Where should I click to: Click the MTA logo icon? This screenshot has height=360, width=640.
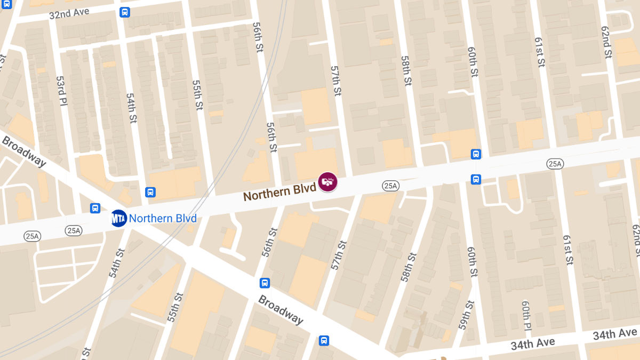click(x=119, y=218)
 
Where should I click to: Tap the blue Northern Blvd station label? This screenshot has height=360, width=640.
click(x=163, y=218)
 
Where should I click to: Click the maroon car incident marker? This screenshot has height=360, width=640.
click(x=327, y=182)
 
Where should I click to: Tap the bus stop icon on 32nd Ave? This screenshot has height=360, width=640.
click(x=125, y=12)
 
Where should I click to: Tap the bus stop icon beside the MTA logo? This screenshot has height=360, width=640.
click(x=95, y=209)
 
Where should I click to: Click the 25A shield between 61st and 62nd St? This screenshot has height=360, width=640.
click(x=555, y=164)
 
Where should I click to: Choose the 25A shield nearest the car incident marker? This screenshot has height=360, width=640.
click(x=390, y=186)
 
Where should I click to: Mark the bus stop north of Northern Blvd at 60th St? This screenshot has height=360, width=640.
click(x=476, y=154)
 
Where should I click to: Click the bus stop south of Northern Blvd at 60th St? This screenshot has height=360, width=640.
click(x=476, y=179)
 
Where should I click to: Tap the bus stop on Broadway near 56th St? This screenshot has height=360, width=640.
click(x=265, y=283)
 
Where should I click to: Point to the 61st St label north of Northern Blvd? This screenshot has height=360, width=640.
click(x=539, y=52)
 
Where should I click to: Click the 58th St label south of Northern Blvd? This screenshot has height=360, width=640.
click(x=408, y=267)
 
